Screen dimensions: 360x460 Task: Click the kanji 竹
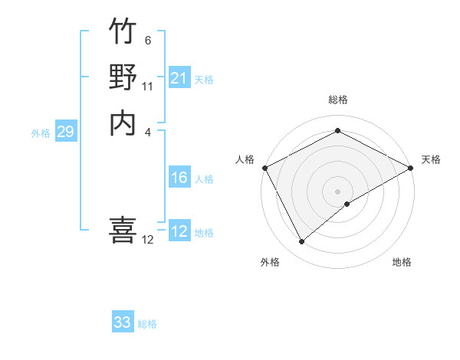(x=123, y=32)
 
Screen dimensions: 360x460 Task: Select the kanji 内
(x=123, y=123)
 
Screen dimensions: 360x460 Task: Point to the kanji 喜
(x=123, y=230)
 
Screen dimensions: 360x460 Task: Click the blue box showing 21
(x=179, y=78)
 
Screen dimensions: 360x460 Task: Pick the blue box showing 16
(x=179, y=178)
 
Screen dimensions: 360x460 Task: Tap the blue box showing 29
(x=65, y=132)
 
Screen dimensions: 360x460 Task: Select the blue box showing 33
(x=123, y=322)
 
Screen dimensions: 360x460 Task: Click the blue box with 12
(x=179, y=232)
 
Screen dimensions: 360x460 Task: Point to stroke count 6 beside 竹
(x=148, y=40)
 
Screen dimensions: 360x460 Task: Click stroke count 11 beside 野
(x=148, y=86)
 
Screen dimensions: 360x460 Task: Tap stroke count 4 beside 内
(x=148, y=131)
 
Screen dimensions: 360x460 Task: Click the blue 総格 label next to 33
(x=147, y=324)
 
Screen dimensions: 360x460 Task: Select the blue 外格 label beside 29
(x=41, y=133)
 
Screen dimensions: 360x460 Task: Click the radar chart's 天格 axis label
(x=431, y=159)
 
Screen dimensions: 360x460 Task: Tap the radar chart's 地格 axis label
(x=402, y=262)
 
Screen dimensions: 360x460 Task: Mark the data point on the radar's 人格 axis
(x=264, y=168)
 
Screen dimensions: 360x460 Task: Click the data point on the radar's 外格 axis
(x=301, y=242)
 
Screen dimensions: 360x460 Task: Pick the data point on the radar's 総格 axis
(x=337, y=131)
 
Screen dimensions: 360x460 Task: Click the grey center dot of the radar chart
(x=337, y=191)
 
